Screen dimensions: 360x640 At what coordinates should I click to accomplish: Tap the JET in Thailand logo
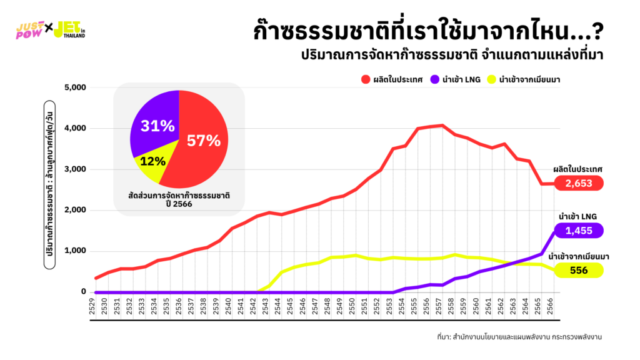(x=69, y=29)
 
